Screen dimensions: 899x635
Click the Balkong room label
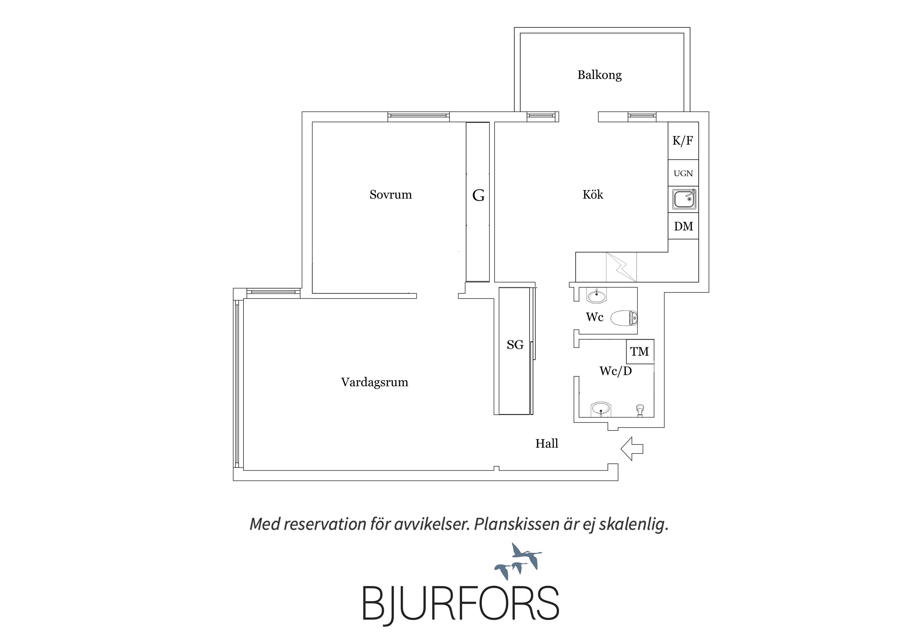599,75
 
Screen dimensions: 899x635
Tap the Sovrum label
391,194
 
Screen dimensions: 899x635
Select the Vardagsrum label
375,382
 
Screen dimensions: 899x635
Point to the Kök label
593,194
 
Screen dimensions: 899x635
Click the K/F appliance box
683,141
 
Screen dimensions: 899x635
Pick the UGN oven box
683,173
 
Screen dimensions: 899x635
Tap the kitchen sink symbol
684,199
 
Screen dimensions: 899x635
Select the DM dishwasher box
683,226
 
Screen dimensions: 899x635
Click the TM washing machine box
640,352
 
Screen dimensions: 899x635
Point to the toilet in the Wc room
624,318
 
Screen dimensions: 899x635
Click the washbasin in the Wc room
596,296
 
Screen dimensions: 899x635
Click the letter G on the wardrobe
478,195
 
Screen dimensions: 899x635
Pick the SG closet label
515,345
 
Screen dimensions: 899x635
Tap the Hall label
546,443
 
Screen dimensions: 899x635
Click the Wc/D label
616,371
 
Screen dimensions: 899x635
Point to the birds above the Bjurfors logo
518,561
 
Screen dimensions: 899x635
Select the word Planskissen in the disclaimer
517,524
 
